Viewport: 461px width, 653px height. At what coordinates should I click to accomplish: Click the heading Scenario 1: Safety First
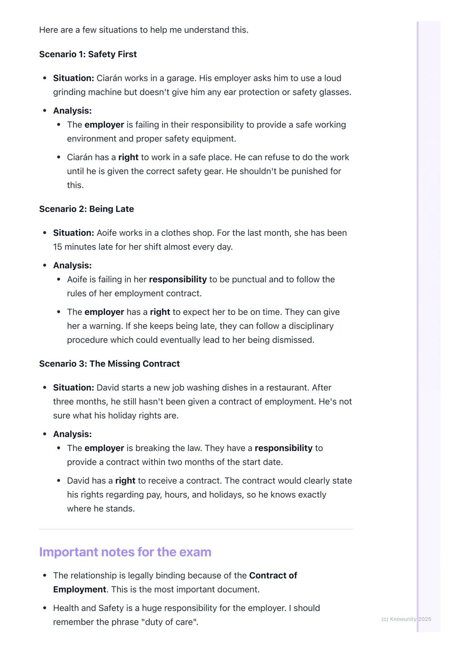point(88,54)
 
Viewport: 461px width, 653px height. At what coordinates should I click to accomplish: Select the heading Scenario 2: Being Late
point(87,209)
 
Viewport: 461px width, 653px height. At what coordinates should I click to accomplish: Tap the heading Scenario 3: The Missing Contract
point(109,364)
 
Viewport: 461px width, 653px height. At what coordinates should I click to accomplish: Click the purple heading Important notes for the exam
point(125,552)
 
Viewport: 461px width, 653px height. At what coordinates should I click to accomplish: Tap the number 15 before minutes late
point(58,247)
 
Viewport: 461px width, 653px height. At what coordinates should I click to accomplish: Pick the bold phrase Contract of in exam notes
point(273,576)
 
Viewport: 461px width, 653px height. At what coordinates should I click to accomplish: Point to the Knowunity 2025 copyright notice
point(406,619)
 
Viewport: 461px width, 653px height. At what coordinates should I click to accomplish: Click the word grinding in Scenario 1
point(70,92)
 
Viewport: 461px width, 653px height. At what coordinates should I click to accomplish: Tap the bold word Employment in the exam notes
point(79,590)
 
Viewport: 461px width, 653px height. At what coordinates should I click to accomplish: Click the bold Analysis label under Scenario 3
point(72,434)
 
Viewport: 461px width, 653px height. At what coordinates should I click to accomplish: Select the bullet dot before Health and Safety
point(45,608)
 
